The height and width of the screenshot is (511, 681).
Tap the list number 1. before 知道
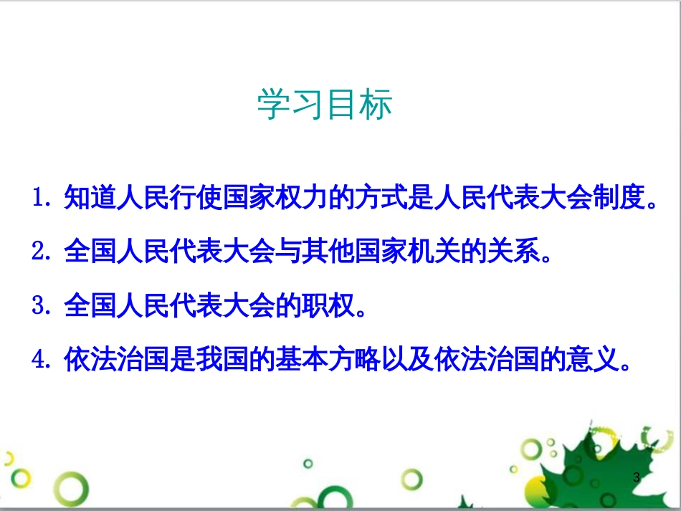[x=44, y=196]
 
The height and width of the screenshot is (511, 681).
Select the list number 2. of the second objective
[x=44, y=251]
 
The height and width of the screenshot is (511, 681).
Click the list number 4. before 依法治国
[x=44, y=359]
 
